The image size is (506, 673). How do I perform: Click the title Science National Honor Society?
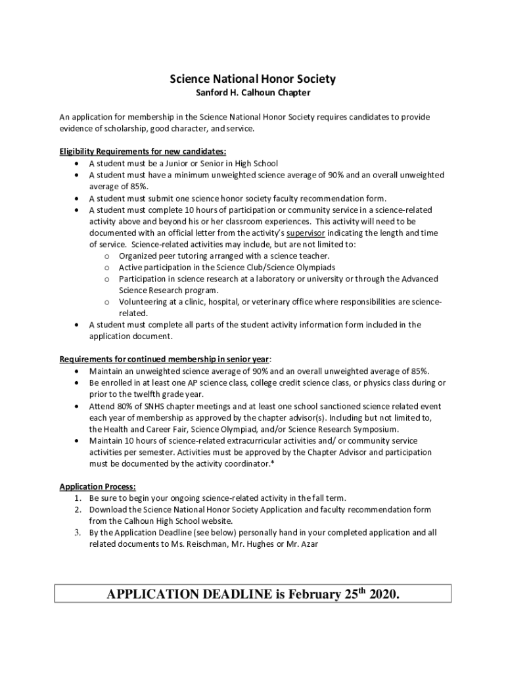(x=253, y=80)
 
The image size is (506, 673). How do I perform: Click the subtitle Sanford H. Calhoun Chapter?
(x=253, y=93)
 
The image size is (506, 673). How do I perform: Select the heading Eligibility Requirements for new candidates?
(x=143, y=152)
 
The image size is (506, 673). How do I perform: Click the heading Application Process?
(x=98, y=487)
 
